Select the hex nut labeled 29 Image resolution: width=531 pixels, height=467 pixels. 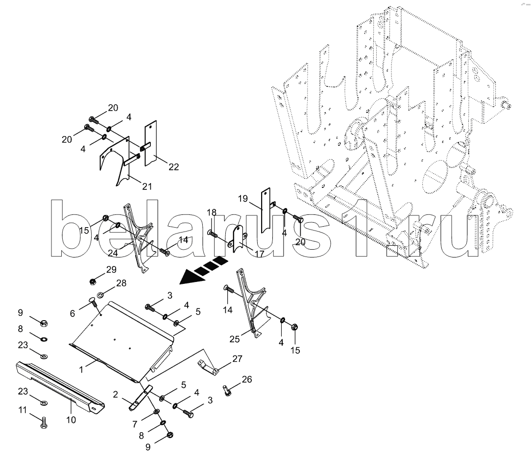click(x=93, y=281)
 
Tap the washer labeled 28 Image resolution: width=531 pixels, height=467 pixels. click(x=100, y=295)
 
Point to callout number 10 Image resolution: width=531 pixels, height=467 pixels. click(x=71, y=420)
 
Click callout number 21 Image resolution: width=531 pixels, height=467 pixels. click(x=147, y=186)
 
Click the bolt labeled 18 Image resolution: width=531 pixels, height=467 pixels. click(x=213, y=234)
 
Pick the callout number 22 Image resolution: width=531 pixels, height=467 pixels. click(x=173, y=167)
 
